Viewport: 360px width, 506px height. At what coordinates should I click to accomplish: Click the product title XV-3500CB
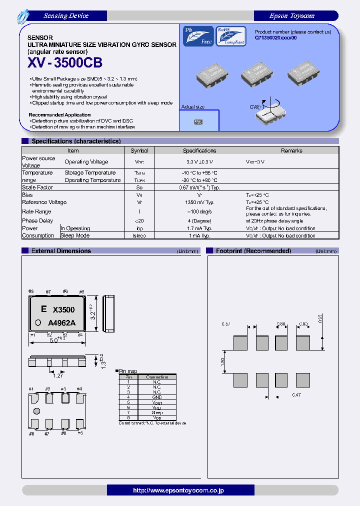pyautogui.click(x=63, y=63)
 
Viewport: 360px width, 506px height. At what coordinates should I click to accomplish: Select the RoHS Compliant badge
pyautogui.click(x=230, y=36)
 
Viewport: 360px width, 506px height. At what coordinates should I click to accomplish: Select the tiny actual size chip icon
pyautogui.click(x=198, y=121)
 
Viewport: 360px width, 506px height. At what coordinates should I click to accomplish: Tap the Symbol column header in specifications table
pyautogui.click(x=139, y=150)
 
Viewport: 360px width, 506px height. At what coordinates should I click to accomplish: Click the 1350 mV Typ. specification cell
pyautogui.click(x=199, y=202)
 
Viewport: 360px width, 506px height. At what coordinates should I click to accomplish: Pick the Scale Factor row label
pyautogui.click(x=37, y=187)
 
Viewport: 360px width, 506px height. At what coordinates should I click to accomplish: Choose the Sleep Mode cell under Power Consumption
pyautogui.click(x=75, y=235)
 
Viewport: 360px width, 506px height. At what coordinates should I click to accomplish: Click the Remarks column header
pyautogui.click(x=291, y=150)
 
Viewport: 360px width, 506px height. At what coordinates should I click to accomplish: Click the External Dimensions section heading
pyautogui.click(x=61, y=251)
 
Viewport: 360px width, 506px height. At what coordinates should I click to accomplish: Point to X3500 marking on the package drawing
pyautogui.click(x=63, y=310)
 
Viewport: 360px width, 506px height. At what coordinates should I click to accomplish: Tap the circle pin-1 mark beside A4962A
pyautogui.click(x=37, y=321)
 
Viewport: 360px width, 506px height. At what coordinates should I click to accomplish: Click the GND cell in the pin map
pyautogui.click(x=156, y=396)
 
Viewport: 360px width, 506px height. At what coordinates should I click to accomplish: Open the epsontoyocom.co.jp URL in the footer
pyautogui.click(x=180, y=490)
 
